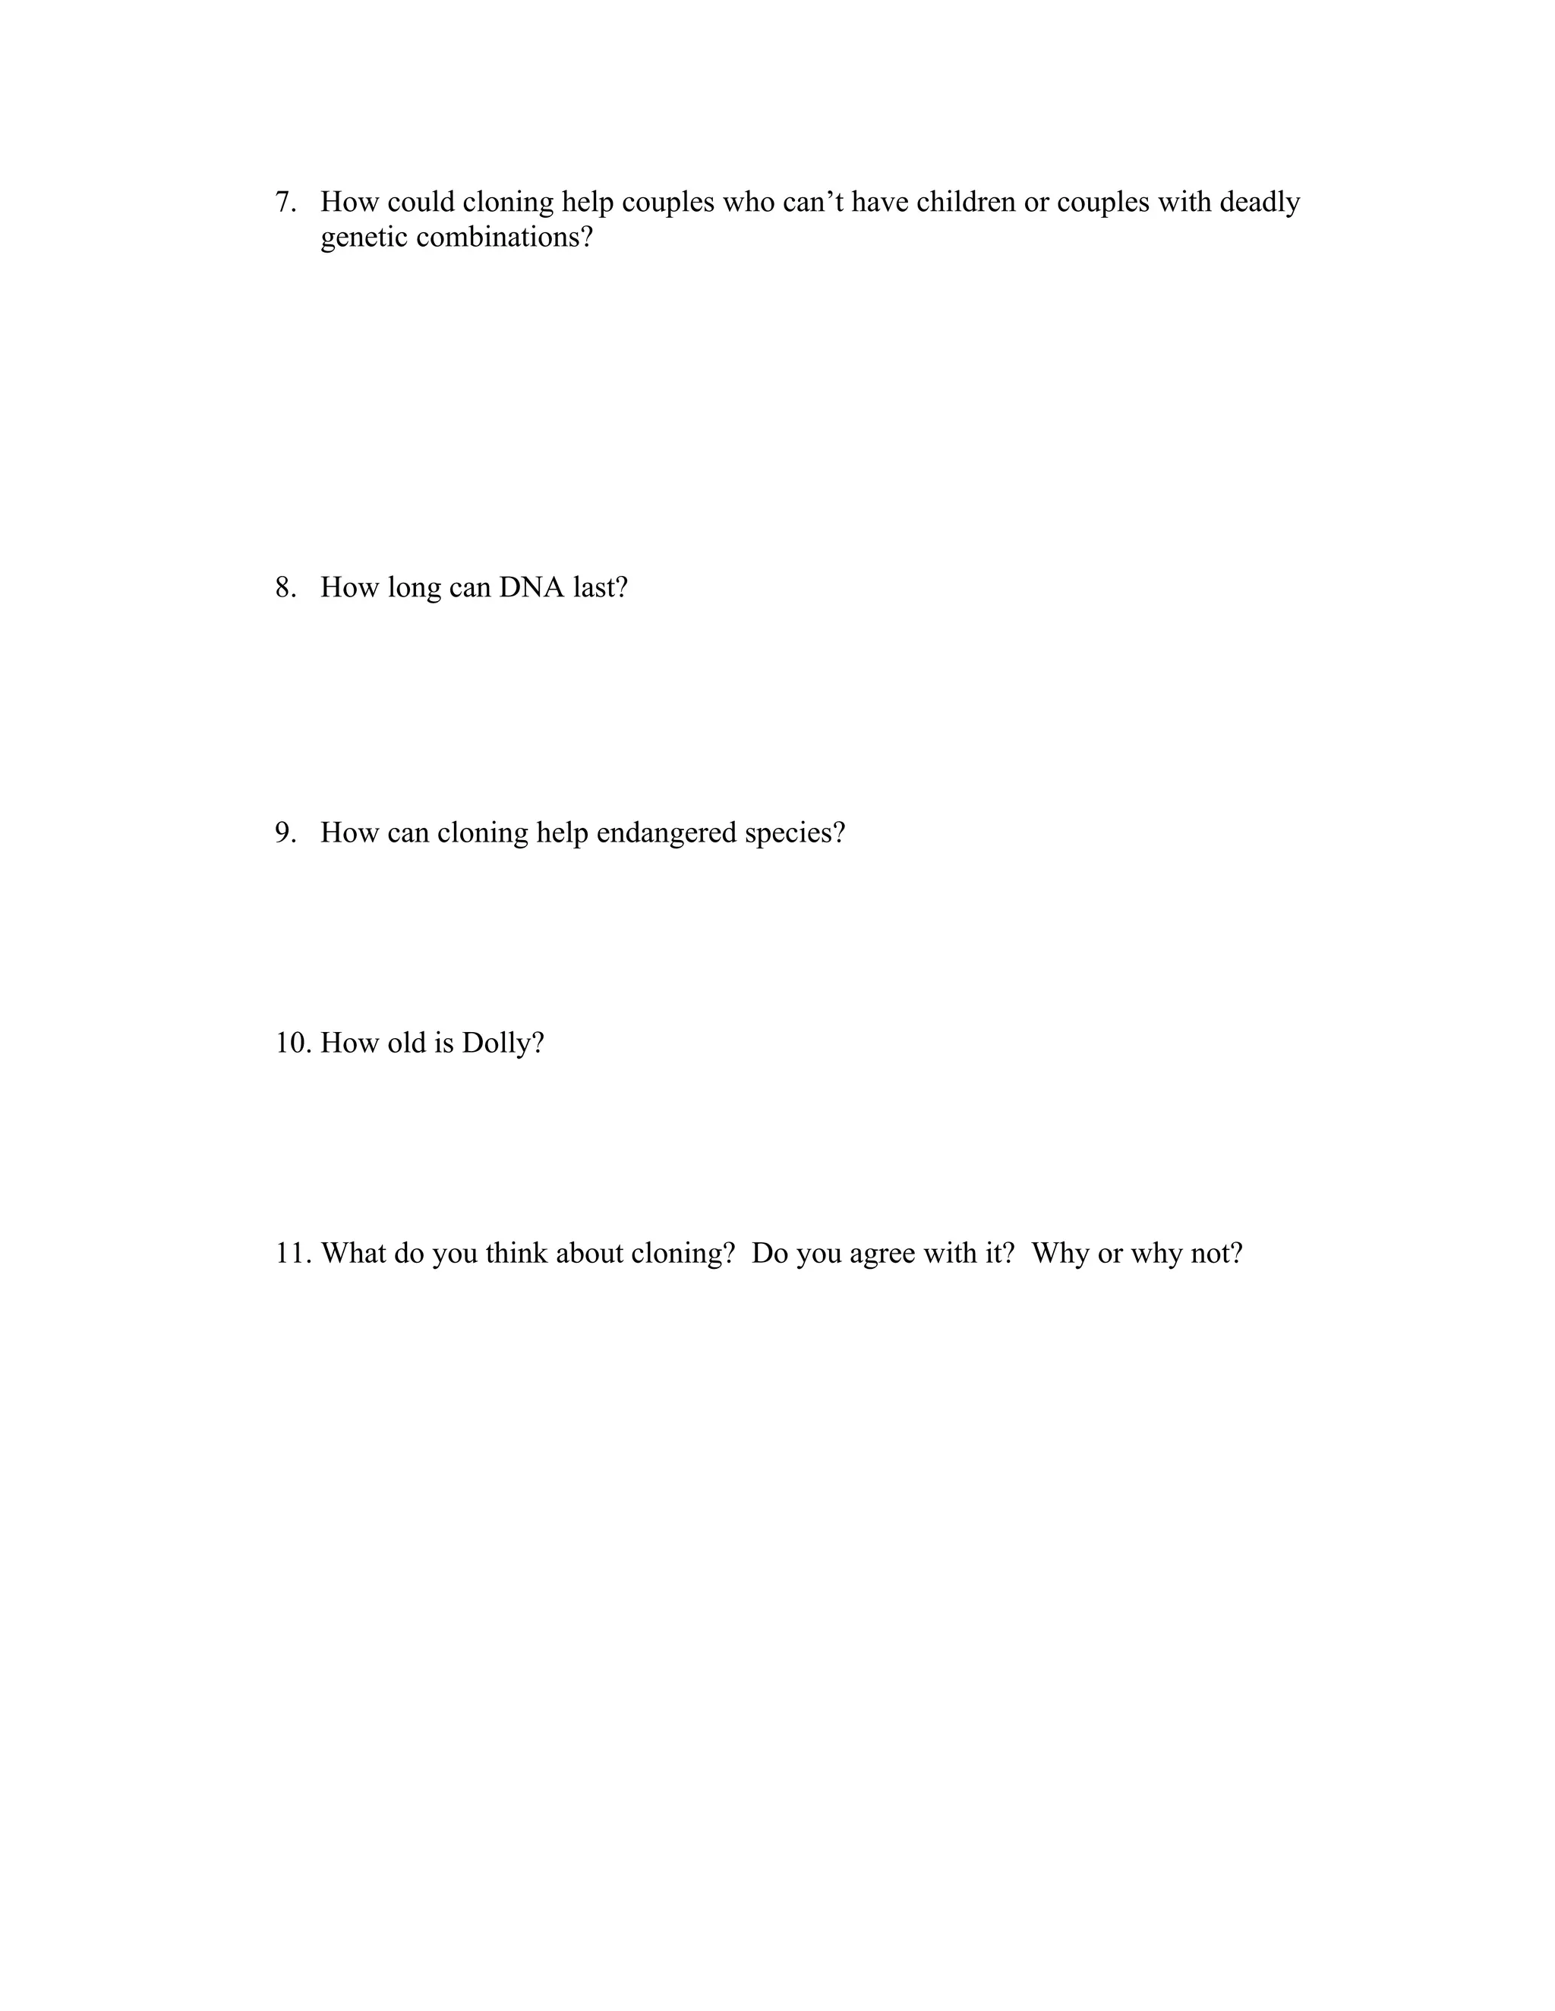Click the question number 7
tap(285, 203)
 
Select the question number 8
tap(285, 587)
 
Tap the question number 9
tap(285, 833)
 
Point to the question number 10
tap(295, 1043)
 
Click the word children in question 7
tap(966, 203)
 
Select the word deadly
tap(1260, 203)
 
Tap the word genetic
tap(364, 238)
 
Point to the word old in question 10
tap(406, 1043)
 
